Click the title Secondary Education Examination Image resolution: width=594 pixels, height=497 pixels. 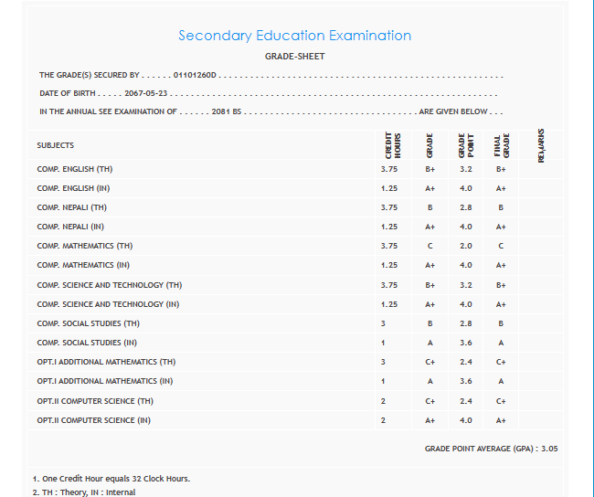click(x=294, y=36)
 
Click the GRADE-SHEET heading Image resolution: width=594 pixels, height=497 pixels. click(x=294, y=57)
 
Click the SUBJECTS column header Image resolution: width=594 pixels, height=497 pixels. click(x=56, y=145)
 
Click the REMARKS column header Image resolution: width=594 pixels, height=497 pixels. click(x=542, y=144)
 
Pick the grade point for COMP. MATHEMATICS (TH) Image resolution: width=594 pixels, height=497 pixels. click(x=466, y=246)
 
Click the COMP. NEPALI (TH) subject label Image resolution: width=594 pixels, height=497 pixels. click(x=72, y=207)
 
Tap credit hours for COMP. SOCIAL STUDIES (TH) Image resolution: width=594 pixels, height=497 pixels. click(x=384, y=323)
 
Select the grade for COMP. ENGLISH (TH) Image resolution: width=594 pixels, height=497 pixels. click(x=430, y=169)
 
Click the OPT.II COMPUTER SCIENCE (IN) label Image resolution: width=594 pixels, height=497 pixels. click(x=94, y=420)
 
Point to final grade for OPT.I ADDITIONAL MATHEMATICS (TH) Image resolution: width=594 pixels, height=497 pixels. click(x=501, y=362)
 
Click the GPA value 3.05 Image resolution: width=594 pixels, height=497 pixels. click(x=548, y=449)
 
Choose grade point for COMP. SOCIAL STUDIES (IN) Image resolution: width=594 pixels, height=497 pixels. click(x=466, y=343)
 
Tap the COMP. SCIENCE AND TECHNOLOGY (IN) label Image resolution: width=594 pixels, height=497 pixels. click(x=108, y=304)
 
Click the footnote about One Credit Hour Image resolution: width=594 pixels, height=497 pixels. click(x=111, y=479)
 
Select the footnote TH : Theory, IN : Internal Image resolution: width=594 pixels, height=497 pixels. click(x=83, y=492)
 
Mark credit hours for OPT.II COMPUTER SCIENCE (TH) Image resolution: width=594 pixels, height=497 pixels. click(x=384, y=401)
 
